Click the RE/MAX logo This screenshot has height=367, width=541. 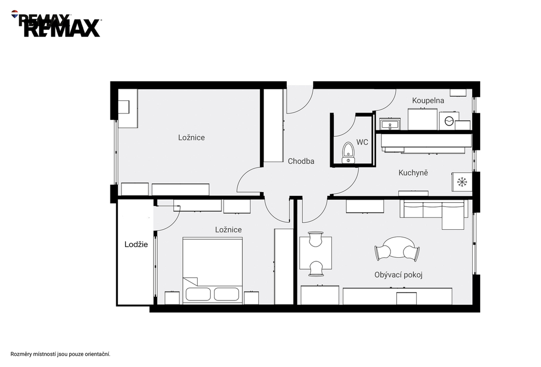click(x=56, y=24)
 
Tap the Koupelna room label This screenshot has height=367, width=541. click(x=428, y=100)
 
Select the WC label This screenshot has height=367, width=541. click(x=362, y=142)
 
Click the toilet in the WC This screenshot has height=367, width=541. click(x=348, y=153)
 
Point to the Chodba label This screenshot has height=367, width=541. click(x=301, y=161)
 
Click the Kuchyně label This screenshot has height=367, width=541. click(x=413, y=173)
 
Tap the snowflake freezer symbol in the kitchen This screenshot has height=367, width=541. click(x=462, y=182)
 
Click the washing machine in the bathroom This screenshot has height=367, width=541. click(x=449, y=121)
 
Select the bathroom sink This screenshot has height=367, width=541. click(x=390, y=124)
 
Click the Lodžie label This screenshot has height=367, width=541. click(x=136, y=244)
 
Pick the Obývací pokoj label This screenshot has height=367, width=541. click(x=398, y=275)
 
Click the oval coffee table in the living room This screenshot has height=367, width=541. click(x=397, y=247)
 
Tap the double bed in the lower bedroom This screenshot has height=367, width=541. click(x=212, y=270)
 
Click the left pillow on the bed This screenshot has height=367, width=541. click(x=198, y=294)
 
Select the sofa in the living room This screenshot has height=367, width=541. click(x=434, y=214)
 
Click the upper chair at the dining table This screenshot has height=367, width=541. click(x=316, y=239)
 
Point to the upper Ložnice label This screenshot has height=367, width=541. click(x=191, y=138)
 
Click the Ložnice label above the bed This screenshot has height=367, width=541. click(x=228, y=230)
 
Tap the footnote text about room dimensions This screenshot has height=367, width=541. click(x=60, y=354)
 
